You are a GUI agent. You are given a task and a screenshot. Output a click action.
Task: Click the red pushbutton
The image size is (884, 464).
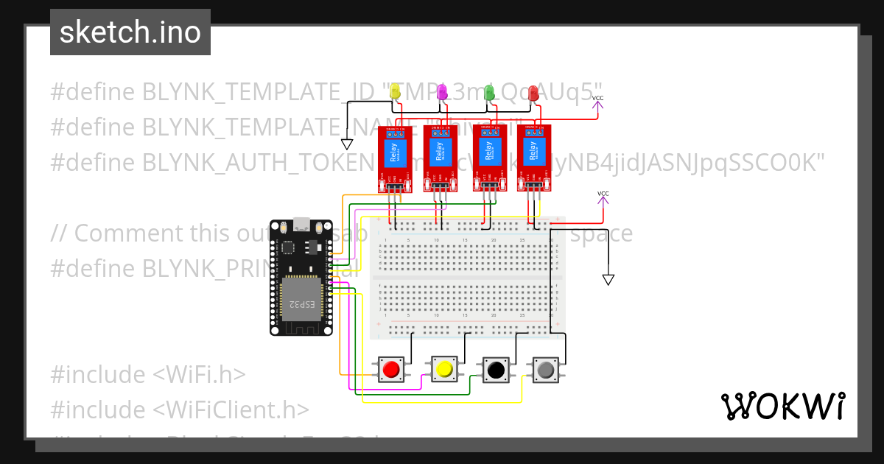(391, 369)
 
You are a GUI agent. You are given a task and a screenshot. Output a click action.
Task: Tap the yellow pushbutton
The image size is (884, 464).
(443, 369)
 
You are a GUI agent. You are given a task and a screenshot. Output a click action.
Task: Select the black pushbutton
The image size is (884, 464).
(496, 369)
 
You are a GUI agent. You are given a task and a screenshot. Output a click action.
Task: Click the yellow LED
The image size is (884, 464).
(395, 91)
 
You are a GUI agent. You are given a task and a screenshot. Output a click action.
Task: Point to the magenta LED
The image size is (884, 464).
(442, 91)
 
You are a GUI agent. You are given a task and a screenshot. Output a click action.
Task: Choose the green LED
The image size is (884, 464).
(488, 91)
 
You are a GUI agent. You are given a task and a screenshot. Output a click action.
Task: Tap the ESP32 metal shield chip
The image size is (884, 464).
(301, 299)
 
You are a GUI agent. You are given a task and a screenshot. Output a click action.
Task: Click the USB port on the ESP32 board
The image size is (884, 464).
(301, 223)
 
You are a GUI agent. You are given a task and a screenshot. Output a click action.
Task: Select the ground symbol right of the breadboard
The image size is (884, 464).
(608, 279)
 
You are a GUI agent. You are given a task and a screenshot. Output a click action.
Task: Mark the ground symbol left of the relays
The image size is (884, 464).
(347, 144)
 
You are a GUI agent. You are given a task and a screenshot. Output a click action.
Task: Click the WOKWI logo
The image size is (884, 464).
(782, 406)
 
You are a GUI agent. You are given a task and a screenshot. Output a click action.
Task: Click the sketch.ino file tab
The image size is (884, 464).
(130, 32)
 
